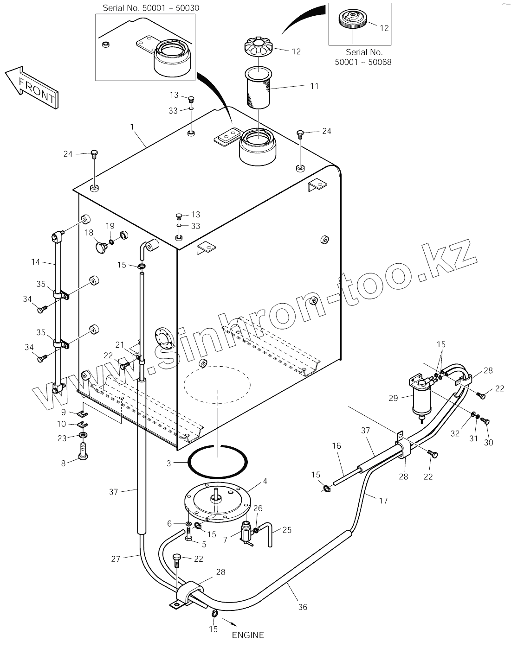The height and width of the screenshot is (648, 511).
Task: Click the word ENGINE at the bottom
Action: (248, 635)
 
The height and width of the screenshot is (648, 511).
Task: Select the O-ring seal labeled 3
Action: (217, 461)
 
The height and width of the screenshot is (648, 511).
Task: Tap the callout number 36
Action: (303, 607)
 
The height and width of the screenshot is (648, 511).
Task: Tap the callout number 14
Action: (36, 262)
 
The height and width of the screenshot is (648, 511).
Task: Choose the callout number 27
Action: (116, 559)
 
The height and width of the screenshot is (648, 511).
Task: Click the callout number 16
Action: (336, 446)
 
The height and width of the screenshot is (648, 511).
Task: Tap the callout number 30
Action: (489, 442)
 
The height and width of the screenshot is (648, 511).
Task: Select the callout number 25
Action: (287, 529)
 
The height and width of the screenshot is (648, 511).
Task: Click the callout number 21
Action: (120, 345)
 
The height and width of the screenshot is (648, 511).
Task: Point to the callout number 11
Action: (314, 86)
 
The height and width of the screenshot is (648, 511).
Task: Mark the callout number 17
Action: (383, 501)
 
